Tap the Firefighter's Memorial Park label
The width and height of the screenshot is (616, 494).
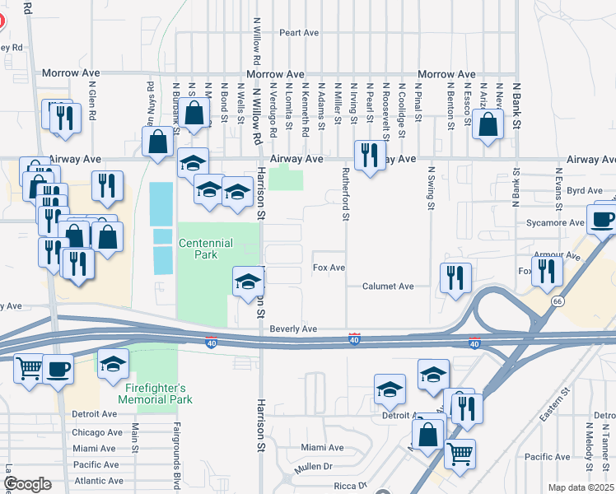(x=164, y=394)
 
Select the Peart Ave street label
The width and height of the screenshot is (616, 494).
(x=298, y=33)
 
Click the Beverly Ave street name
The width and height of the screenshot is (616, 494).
(x=293, y=329)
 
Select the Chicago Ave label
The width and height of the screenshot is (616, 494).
(x=97, y=432)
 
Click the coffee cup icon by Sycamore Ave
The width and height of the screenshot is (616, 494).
(x=600, y=218)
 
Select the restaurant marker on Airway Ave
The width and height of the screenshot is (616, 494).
(x=368, y=154)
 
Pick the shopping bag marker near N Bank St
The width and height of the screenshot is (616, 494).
(x=488, y=125)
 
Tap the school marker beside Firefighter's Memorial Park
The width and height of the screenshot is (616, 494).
(x=113, y=365)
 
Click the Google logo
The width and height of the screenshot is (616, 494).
(x=27, y=484)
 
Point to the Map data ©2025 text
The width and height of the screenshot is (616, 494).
(x=581, y=487)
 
